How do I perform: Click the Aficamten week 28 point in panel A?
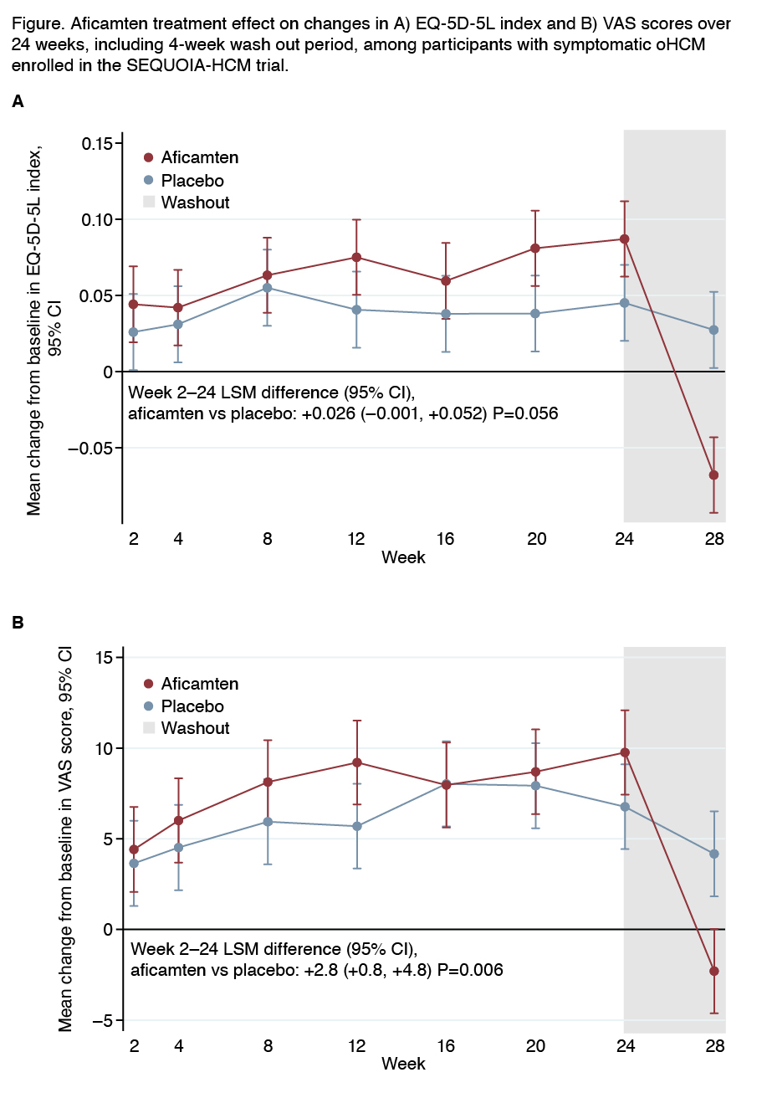point(713,475)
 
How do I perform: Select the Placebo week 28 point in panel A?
point(713,330)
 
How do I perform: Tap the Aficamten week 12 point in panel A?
point(357,257)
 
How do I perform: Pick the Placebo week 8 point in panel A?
point(268,287)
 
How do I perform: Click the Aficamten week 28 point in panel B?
point(713,971)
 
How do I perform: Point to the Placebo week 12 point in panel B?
point(357,826)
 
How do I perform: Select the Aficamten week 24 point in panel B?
point(624,752)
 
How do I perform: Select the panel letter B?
point(18,623)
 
